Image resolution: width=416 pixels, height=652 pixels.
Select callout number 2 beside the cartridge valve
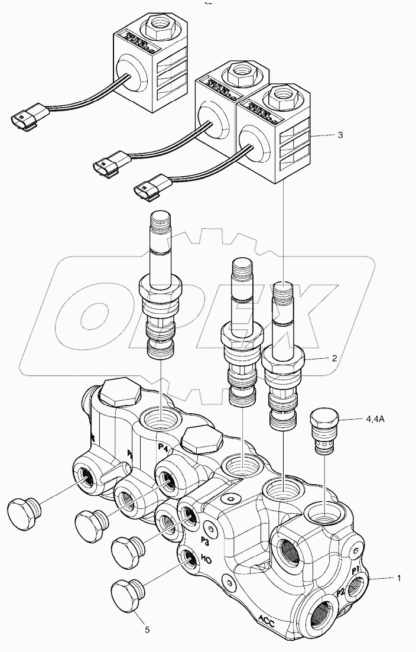pos(334,358)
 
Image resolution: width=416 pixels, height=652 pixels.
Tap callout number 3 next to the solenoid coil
pos(340,135)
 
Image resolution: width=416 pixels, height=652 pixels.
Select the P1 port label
pos(356,570)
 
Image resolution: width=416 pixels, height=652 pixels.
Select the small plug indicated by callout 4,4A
pos(322,433)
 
